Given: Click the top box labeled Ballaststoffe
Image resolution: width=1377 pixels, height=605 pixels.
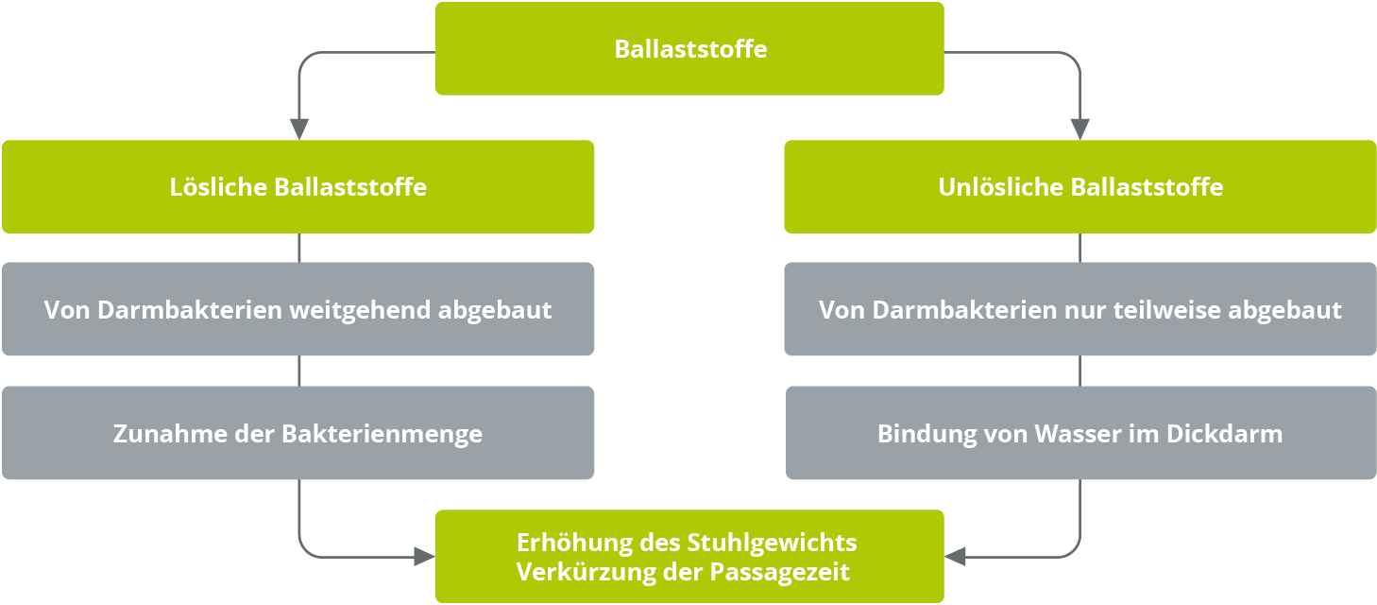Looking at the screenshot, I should click(689, 48).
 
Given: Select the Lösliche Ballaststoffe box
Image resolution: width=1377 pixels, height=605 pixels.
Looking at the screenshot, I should click(297, 187).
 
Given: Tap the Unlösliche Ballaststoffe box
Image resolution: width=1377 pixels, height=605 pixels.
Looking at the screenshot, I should click(1080, 187).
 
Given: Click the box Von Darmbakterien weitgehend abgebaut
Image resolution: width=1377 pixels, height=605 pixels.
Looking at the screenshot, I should click(297, 309).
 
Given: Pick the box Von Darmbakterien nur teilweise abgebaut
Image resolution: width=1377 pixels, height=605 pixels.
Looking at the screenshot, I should click(1080, 309).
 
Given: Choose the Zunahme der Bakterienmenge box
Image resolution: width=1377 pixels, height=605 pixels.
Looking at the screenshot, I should click(297, 433).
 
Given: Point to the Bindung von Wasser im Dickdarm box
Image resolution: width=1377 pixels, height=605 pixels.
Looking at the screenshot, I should click(1080, 433).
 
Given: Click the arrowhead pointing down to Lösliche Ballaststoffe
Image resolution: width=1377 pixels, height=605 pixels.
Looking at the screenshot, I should click(299, 129).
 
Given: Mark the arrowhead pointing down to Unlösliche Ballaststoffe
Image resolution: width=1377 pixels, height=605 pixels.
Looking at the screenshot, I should click(1080, 129).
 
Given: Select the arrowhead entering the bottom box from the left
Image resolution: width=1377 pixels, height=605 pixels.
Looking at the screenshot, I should click(424, 557).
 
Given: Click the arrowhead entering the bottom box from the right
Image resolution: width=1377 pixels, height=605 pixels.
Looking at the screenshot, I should click(955, 557).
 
